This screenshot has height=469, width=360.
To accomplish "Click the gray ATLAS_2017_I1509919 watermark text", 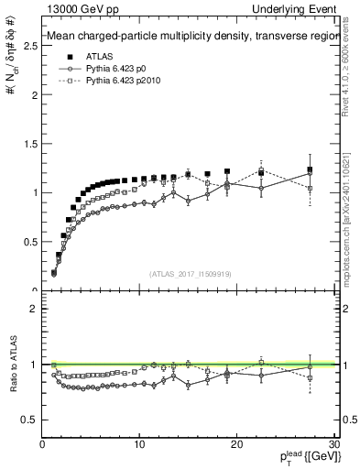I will click(x=189, y=273).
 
